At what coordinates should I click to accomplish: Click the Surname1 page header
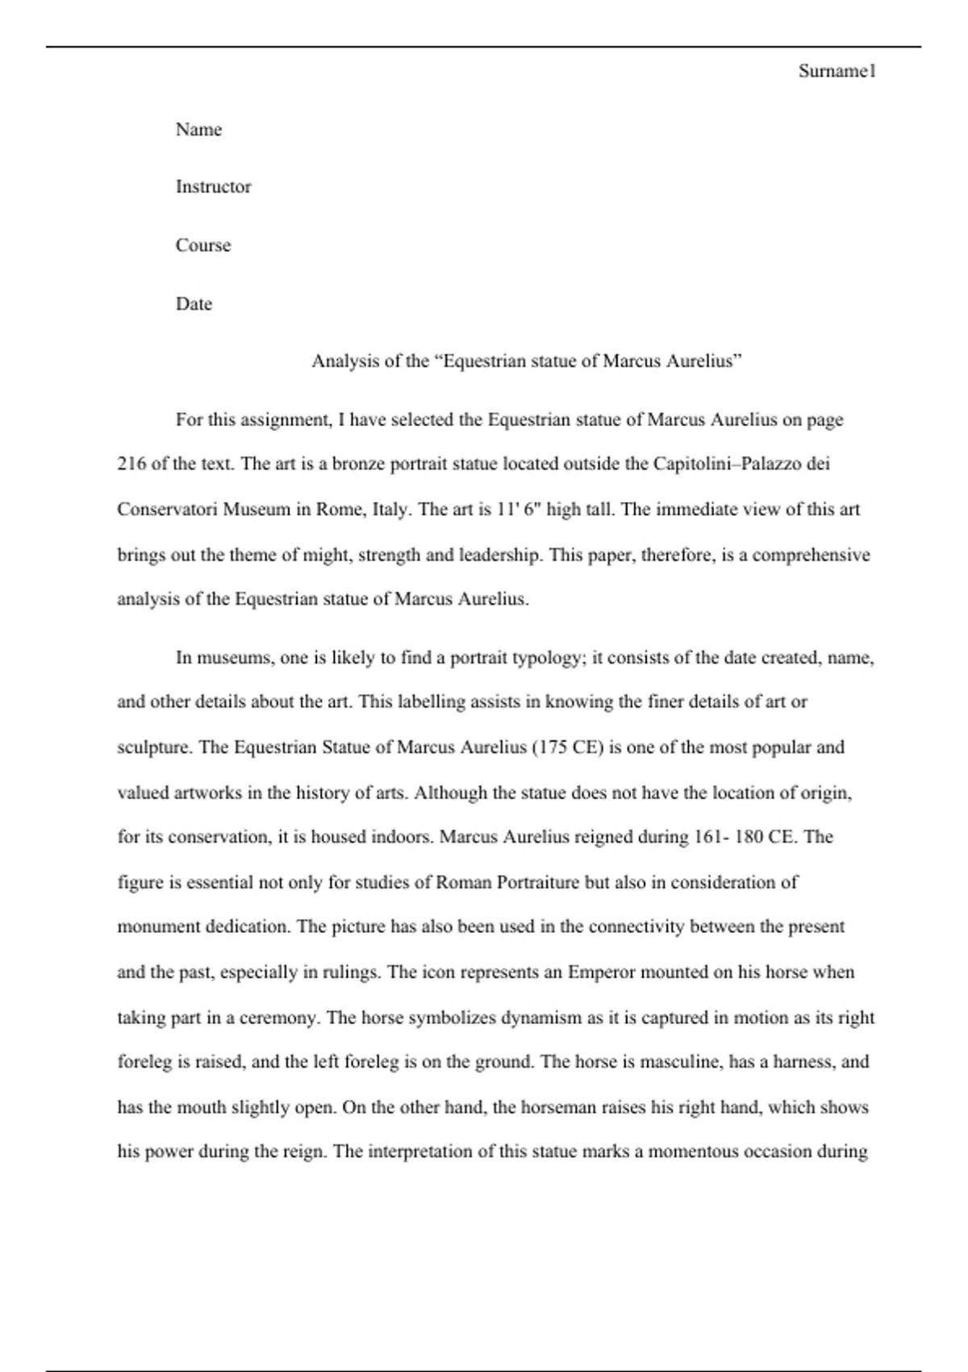837,71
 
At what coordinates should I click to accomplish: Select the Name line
198,129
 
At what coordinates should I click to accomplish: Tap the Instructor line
213,186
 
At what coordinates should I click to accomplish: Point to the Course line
202,245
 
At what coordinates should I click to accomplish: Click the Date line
194,304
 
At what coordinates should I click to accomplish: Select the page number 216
131,464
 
